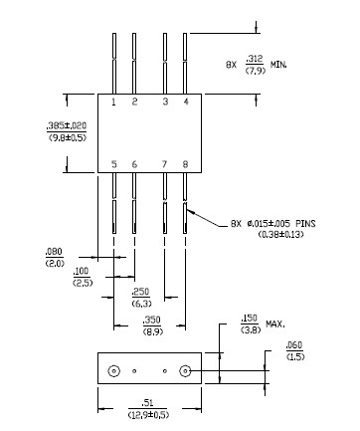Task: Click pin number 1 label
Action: (x=113, y=102)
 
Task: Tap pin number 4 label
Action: (x=186, y=102)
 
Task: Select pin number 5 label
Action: (x=114, y=164)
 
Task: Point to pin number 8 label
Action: (x=185, y=164)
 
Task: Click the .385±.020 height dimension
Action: (x=67, y=125)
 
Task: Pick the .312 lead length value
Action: (x=255, y=59)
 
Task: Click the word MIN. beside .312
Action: (x=278, y=65)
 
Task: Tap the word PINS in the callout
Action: (x=305, y=223)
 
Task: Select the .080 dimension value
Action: (x=54, y=252)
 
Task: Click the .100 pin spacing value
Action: (x=81, y=272)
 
